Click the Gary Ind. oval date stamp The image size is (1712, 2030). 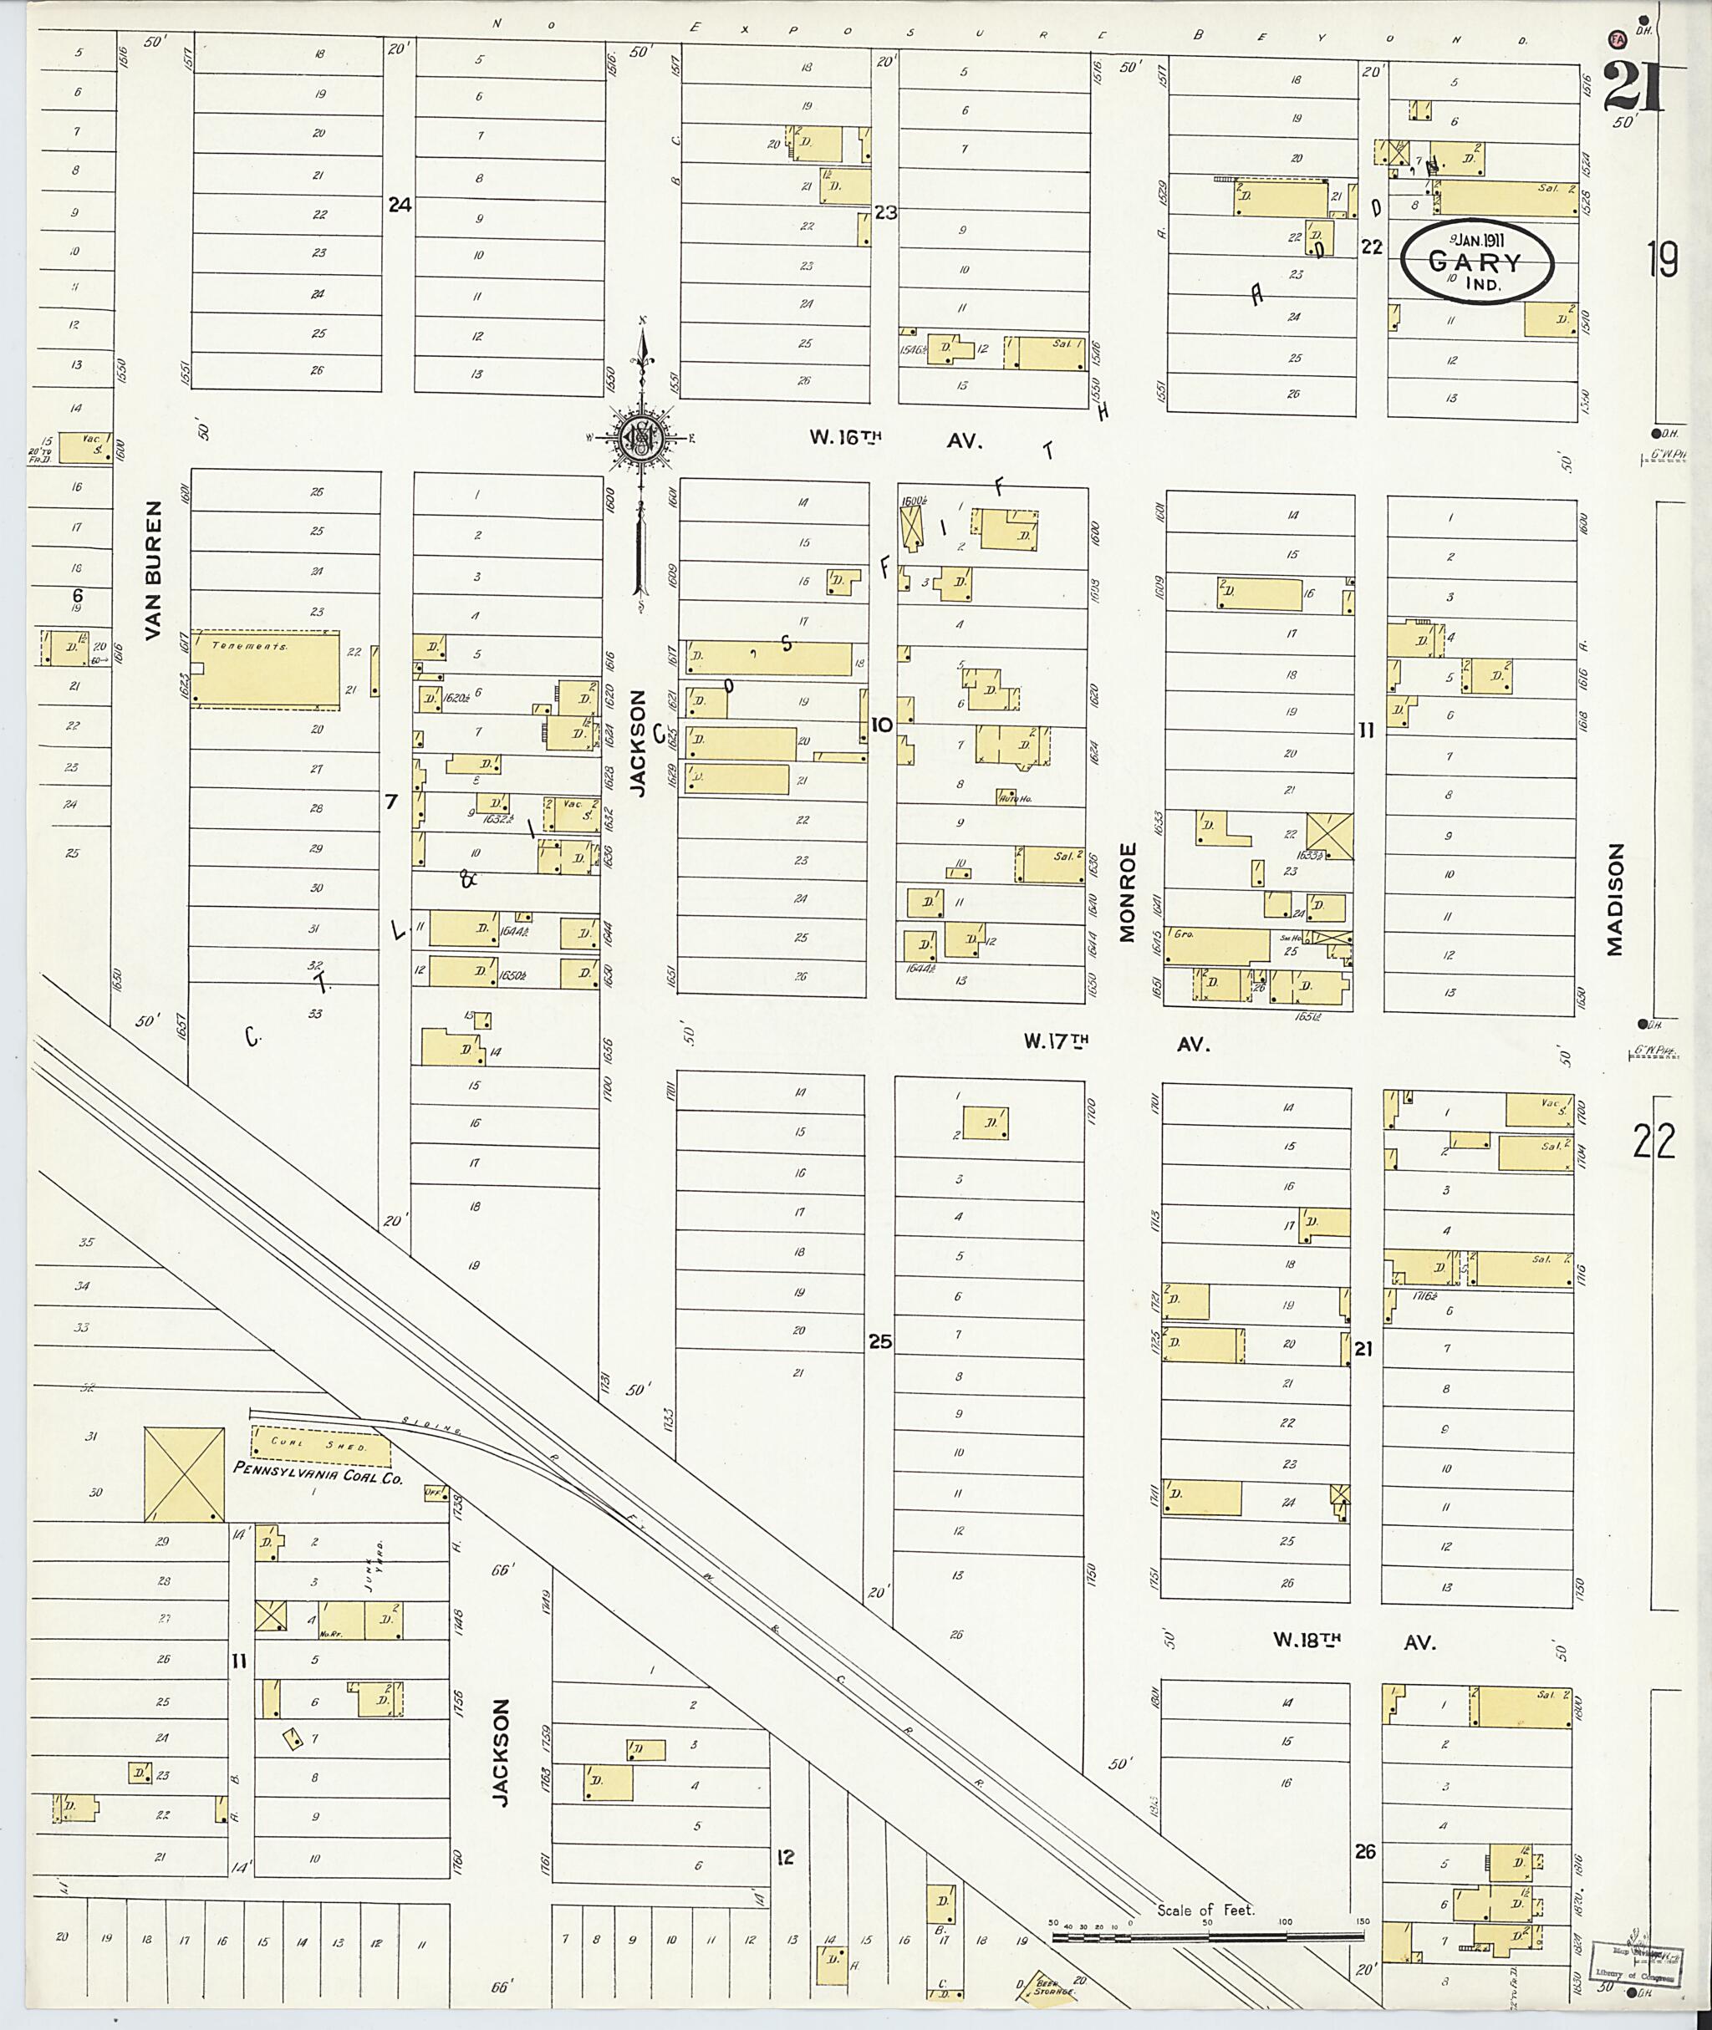(1477, 262)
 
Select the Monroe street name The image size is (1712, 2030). (1127, 892)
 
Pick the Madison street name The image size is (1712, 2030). (1615, 898)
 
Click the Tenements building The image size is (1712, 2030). (266, 669)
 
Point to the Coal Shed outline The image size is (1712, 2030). (320, 1446)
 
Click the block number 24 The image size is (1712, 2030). (399, 205)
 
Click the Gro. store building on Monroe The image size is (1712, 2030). (1217, 945)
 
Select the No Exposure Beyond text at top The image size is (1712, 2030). (1009, 29)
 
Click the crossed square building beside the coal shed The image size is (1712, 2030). (185, 1473)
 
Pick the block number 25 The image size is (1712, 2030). (879, 1342)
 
